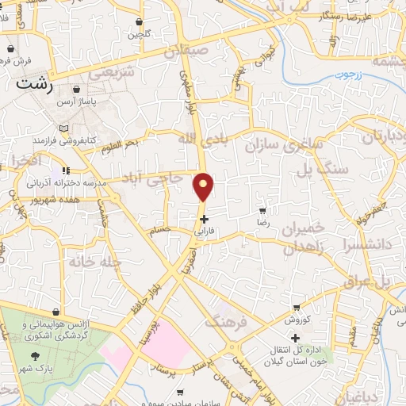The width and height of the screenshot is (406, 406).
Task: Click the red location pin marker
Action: coord(204,187)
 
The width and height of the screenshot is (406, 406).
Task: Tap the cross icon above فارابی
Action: coord(205,219)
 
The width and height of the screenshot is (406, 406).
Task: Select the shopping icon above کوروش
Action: coord(297,308)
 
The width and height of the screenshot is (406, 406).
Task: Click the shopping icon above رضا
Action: coord(262,211)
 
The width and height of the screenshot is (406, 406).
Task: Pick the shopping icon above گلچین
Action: coord(140,21)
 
